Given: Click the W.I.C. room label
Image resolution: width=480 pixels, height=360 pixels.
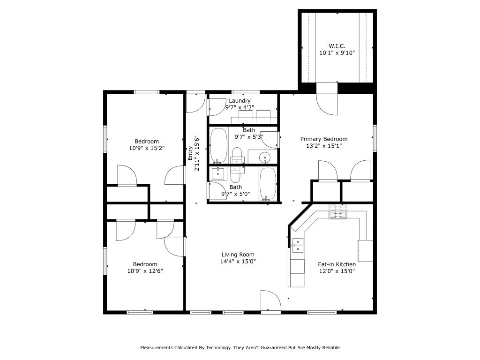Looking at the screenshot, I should (337, 46).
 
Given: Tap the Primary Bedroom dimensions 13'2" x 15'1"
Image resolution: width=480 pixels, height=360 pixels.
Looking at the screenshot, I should (323, 146).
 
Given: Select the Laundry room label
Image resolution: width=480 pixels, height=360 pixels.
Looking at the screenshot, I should (240, 101).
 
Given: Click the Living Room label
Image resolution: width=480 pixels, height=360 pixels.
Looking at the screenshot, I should (238, 255).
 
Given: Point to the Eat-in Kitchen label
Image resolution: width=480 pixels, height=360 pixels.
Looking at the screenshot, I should (337, 264).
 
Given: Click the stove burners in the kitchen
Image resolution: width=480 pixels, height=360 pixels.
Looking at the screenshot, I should (337, 212).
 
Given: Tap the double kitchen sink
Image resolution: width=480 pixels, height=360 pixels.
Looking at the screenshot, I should (297, 245).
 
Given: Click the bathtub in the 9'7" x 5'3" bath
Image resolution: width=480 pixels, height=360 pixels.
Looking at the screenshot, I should (218, 144).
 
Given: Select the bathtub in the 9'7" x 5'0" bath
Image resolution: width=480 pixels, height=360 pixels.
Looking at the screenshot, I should (268, 183).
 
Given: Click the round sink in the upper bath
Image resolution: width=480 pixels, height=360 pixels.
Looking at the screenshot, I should (265, 157).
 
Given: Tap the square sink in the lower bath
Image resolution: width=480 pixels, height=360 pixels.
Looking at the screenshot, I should (218, 174).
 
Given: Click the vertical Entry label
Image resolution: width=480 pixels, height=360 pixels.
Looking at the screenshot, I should (190, 153).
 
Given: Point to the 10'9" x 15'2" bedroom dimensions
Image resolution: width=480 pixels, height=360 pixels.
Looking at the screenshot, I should (147, 148).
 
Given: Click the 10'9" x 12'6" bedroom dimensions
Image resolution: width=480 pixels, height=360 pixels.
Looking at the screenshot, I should (145, 270).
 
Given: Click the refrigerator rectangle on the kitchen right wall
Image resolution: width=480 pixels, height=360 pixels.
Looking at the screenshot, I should (365, 251).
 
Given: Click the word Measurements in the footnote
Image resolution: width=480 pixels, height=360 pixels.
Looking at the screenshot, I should (157, 348).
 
